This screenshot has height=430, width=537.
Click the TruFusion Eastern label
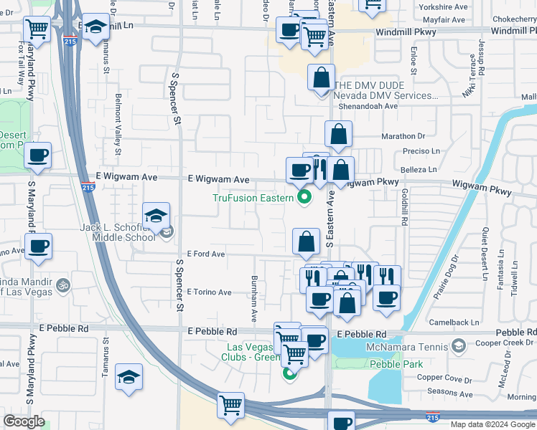coord(253,199)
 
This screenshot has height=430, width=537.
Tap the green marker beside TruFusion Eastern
coord(304,199)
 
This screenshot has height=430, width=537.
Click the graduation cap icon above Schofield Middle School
coord(156,216)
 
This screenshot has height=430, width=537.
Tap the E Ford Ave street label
coord(205,254)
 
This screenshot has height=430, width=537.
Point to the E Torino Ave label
coord(209,292)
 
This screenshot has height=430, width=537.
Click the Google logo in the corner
coord(24,422)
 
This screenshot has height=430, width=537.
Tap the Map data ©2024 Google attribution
coord(492,424)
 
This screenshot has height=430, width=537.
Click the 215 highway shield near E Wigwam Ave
coord(88,187)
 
